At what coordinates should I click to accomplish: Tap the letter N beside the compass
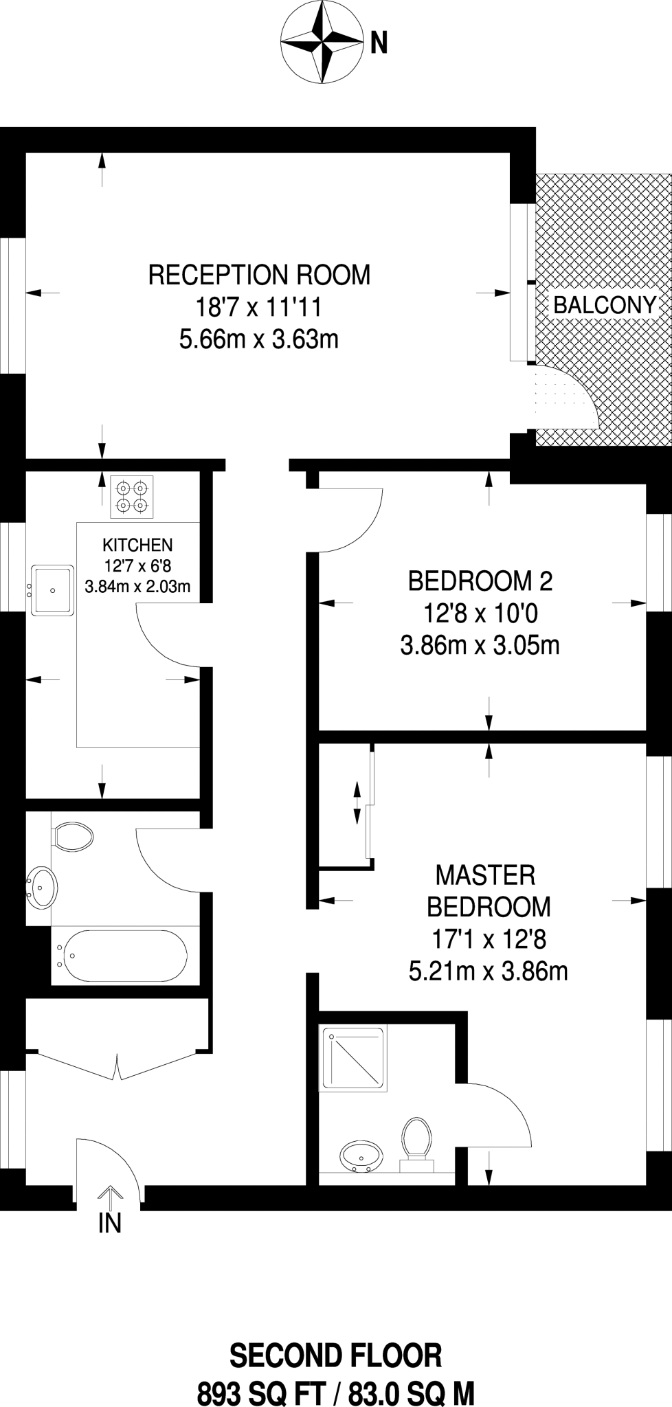[x=379, y=43]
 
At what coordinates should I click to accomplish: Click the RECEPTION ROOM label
[x=259, y=275]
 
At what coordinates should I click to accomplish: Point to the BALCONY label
[x=605, y=305]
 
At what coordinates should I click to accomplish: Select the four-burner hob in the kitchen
[x=132, y=497]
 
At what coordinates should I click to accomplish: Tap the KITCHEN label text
[x=137, y=545]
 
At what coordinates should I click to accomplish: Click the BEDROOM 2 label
[x=480, y=581]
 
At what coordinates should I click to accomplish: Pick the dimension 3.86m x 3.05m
[x=480, y=646]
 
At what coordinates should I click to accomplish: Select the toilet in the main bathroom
[x=72, y=837]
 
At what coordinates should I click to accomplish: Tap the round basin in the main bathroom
[x=43, y=888]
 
